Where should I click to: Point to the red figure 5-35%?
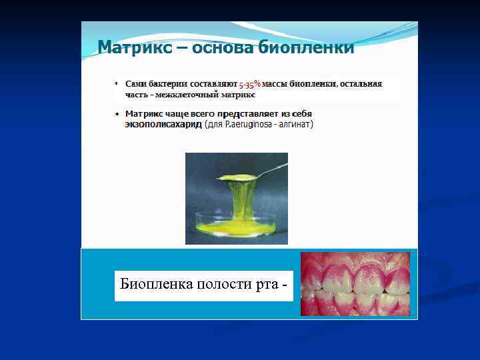250,85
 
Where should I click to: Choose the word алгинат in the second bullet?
296,125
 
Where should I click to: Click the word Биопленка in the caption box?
155,285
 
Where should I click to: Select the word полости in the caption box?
225,285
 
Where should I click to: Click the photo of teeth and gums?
355,284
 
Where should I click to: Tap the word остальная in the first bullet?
361,85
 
